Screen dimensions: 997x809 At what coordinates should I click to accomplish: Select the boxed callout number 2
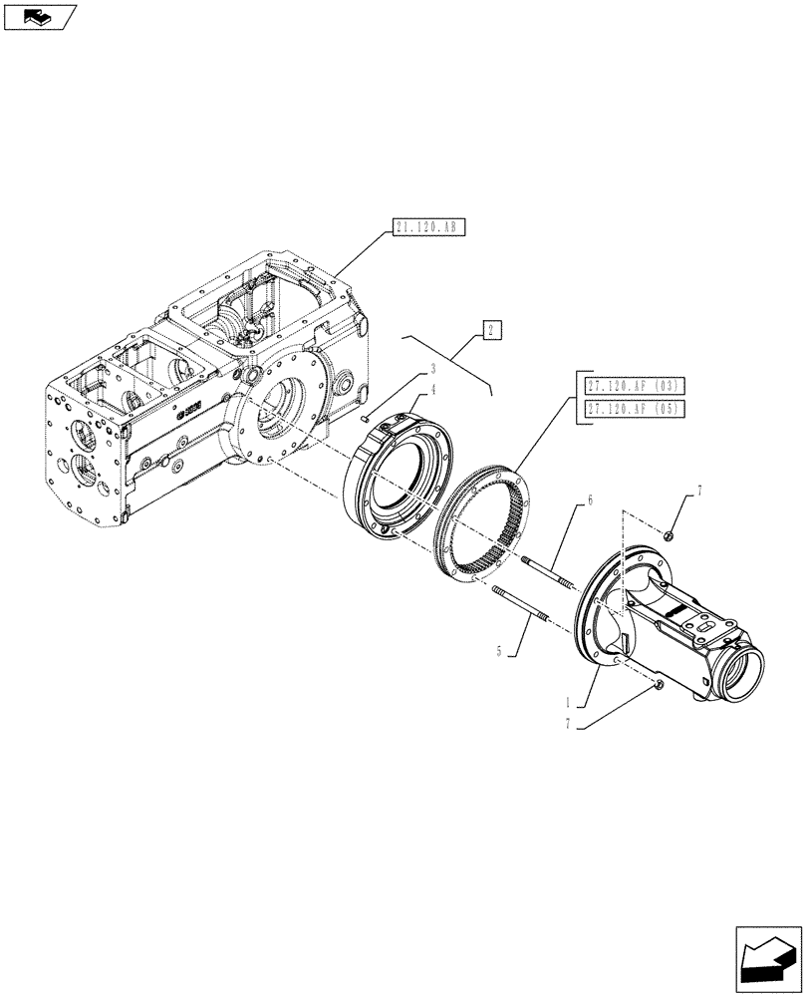pyautogui.click(x=490, y=330)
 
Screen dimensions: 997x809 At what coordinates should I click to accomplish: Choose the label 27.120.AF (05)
pyautogui.click(x=623, y=410)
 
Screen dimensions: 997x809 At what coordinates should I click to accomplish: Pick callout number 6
pyautogui.click(x=589, y=498)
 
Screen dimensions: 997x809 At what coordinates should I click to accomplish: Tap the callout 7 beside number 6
pyautogui.click(x=698, y=492)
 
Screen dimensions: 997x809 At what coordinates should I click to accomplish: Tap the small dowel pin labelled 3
pyautogui.click(x=368, y=419)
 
